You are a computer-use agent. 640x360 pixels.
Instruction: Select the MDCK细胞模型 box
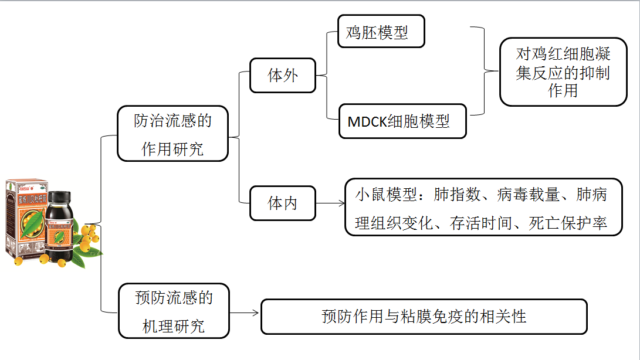coord(403,121)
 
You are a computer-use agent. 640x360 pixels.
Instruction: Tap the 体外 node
coord(283,75)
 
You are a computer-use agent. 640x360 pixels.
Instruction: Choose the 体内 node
coord(283,203)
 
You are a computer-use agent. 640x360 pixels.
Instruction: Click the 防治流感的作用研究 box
coord(172,134)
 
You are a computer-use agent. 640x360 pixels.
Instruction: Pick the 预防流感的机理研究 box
coord(174,311)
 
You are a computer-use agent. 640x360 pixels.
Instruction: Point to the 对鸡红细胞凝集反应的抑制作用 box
coord(563,72)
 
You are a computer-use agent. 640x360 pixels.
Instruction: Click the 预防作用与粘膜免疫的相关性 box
coord(424,317)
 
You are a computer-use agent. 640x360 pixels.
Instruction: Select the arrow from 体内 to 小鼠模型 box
coord(330,204)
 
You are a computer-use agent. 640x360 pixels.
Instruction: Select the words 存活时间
coord(475,223)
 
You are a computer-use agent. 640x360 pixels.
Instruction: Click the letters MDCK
coord(367,122)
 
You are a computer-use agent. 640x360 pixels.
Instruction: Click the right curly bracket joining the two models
coord(484,71)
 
